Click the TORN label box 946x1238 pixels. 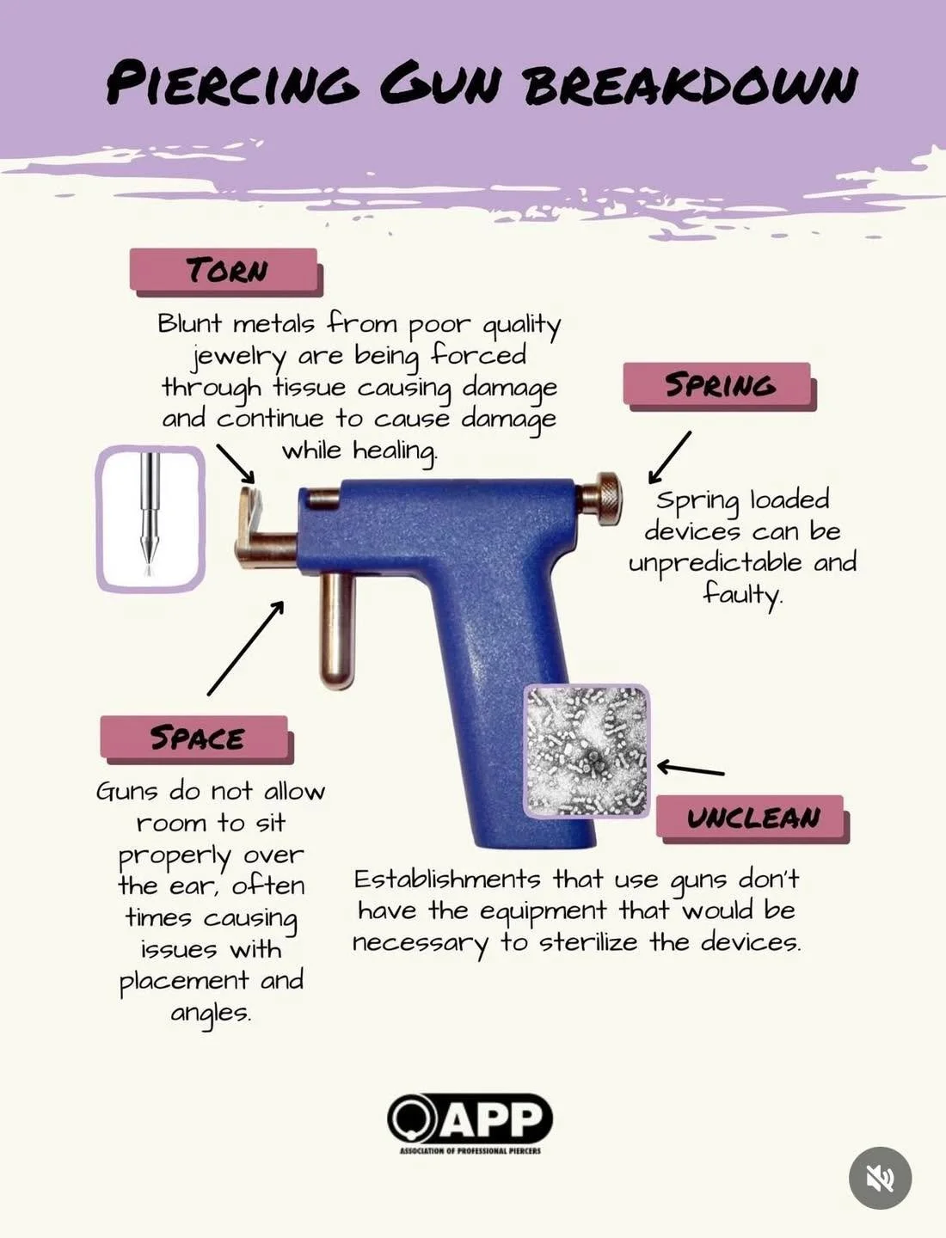(x=225, y=270)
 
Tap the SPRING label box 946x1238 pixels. (x=718, y=384)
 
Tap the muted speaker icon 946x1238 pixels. (x=880, y=1178)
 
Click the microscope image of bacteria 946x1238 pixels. (x=587, y=751)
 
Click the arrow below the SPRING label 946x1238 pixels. (x=669, y=457)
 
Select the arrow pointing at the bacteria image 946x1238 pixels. (x=691, y=769)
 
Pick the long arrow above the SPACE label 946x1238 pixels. (x=246, y=647)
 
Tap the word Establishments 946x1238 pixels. (x=447, y=879)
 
